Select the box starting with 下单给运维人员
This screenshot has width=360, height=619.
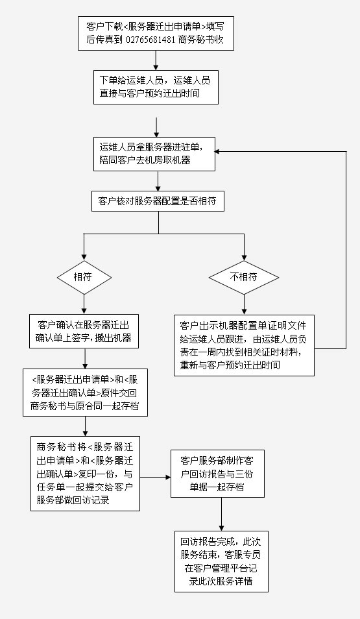pos(156,87)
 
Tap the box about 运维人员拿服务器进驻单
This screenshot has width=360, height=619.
pos(154,154)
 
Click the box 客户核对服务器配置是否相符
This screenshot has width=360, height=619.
pos(157,201)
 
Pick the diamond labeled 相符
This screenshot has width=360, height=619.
pos(84,277)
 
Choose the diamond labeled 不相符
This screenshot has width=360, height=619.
pos(244,277)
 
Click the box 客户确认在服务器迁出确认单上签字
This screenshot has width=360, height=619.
pos(84,331)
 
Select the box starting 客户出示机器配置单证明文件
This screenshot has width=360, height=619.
pos(245,345)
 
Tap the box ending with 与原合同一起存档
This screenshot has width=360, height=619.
pos(85,393)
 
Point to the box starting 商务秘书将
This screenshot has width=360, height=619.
pos(85,474)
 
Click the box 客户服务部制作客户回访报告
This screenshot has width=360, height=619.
pos(217,474)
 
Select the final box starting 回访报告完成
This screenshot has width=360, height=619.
pos(221,561)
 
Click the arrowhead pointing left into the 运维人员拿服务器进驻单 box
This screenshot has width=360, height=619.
pos(217,151)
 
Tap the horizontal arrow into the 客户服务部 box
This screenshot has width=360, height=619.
pos(155,478)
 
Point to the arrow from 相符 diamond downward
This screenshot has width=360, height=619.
pos(84,304)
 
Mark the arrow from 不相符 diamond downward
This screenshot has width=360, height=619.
pos(244,304)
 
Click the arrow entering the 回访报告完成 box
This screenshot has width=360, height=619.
pos(221,514)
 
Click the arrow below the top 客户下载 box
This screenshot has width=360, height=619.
pos(156,60)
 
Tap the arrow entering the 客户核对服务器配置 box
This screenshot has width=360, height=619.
pos(158,181)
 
